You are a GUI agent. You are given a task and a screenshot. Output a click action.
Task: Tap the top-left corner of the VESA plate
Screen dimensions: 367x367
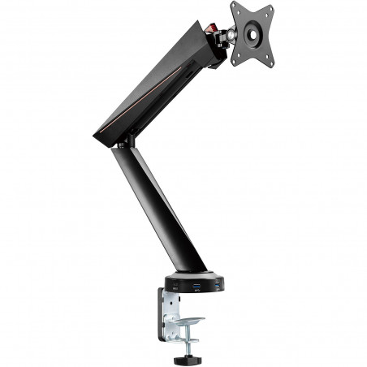pyautogui.click(x=233, y=7)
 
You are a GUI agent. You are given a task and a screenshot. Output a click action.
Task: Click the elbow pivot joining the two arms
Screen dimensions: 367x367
pyautogui.click(x=126, y=141)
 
